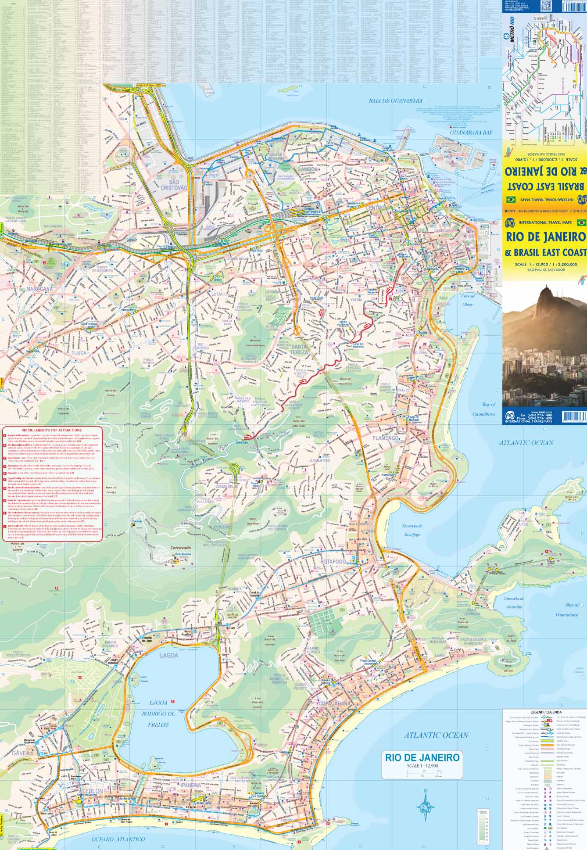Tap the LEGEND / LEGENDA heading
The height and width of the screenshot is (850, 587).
pyautogui.click(x=544, y=712)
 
